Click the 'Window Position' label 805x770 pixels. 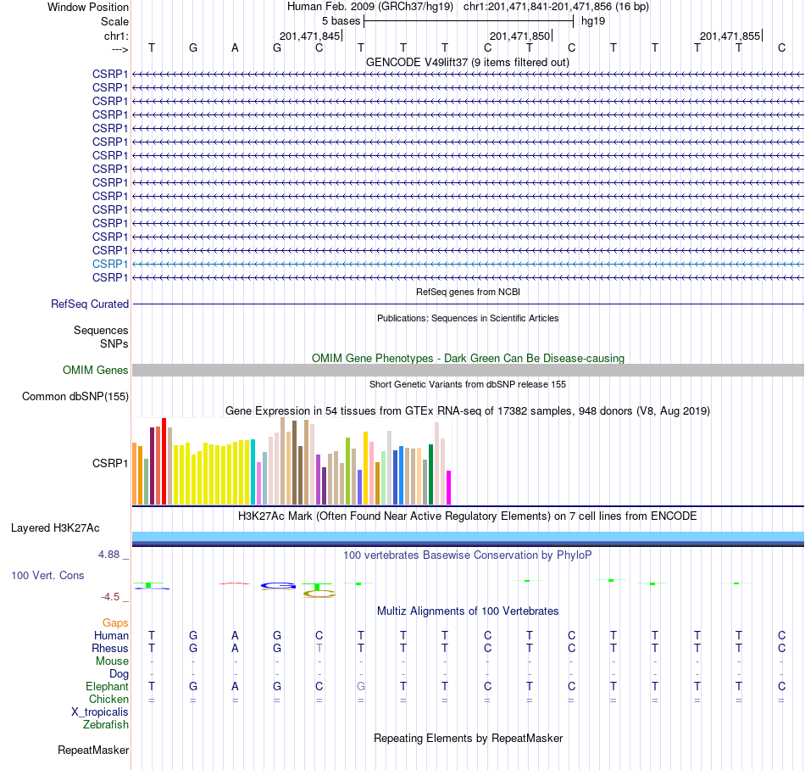pyautogui.click(x=88, y=7)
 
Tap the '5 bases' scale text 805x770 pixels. pyautogui.click(x=341, y=21)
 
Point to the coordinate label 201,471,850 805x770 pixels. pyautogui.click(x=519, y=36)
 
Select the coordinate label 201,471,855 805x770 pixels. pyautogui.click(x=730, y=36)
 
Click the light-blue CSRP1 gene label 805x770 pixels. pyautogui.click(x=110, y=264)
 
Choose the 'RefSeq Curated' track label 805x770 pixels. pyautogui.click(x=90, y=304)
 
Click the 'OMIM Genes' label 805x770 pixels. pyautogui.click(x=96, y=370)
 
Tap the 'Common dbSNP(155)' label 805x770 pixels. pyautogui.click(x=75, y=397)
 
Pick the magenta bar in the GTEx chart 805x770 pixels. pyautogui.click(x=448, y=488)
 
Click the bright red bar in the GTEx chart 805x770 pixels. pyautogui.click(x=164, y=461)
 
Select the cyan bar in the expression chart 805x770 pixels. pyautogui.click(x=253, y=472)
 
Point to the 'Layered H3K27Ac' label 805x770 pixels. pyautogui.click(x=55, y=528)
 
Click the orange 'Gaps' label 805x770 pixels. pyautogui.click(x=115, y=623)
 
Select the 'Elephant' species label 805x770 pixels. pyautogui.click(x=108, y=687)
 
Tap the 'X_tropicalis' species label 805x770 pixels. pyautogui.click(x=100, y=712)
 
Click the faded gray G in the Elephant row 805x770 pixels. pyautogui.click(x=361, y=686)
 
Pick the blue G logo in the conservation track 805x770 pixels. pyautogui.click(x=278, y=586)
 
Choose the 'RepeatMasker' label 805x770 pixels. pyautogui.click(x=93, y=750)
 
